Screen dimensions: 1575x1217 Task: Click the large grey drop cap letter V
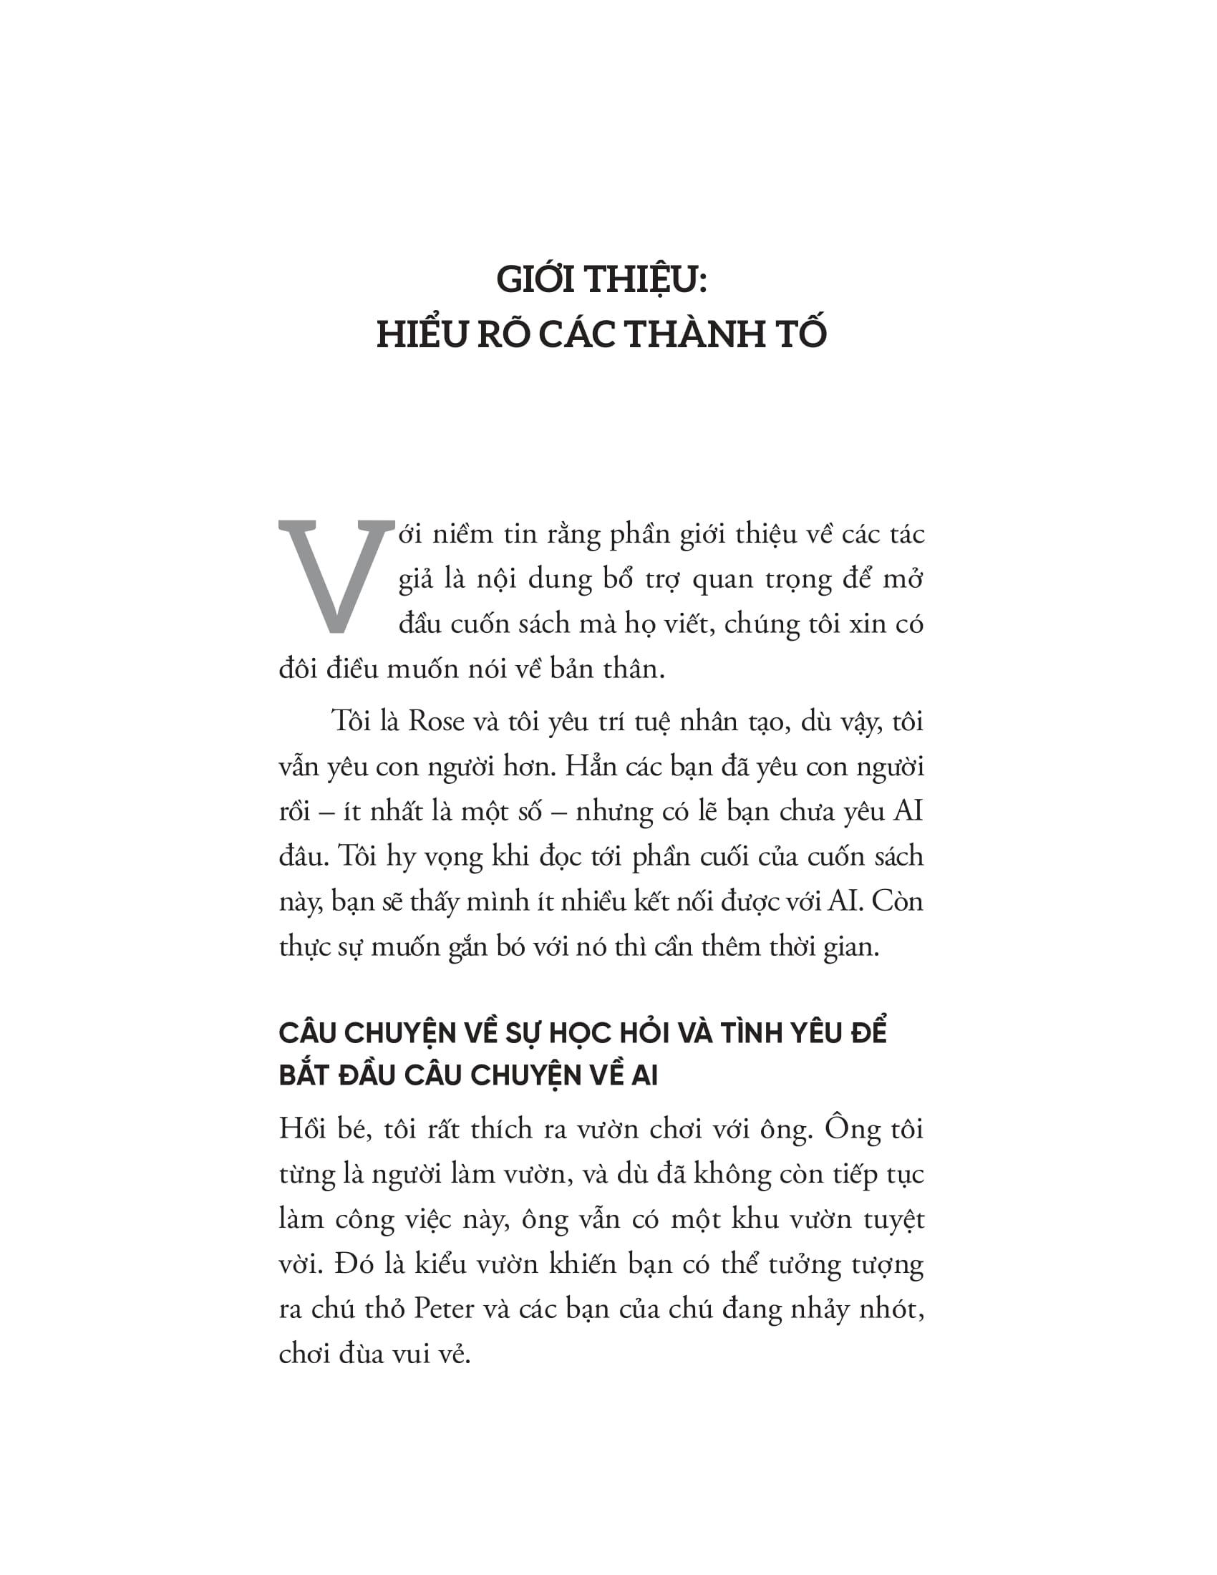(x=336, y=576)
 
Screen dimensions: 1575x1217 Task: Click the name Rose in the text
(x=435, y=722)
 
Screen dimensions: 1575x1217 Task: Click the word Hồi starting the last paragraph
(x=304, y=1128)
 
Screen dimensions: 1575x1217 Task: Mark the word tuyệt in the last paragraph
(x=893, y=1219)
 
